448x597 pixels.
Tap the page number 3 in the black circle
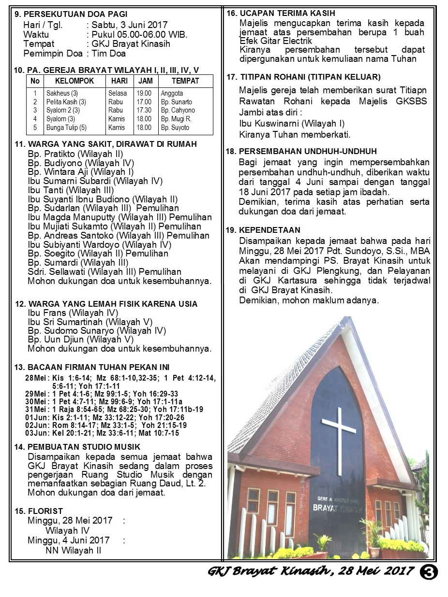point(430,571)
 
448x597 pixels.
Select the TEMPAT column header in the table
point(185,81)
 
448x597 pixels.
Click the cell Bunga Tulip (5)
point(66,128)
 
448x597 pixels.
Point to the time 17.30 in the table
point(144,110)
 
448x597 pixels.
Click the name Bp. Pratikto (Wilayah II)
point(75,154)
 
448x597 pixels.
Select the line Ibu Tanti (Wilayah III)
point(71,190)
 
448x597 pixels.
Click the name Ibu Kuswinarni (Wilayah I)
point(292,123)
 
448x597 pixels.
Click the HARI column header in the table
point(119,81)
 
